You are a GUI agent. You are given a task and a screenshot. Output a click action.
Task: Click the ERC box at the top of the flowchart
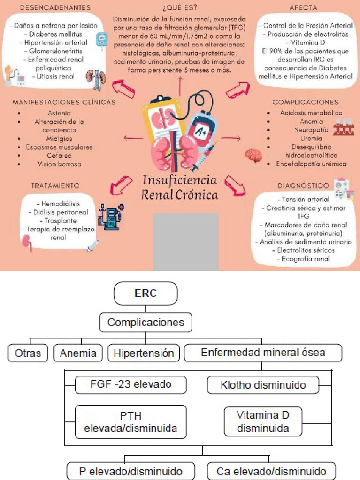[146, 294]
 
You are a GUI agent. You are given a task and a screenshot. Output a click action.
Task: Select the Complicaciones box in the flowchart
[145, 322]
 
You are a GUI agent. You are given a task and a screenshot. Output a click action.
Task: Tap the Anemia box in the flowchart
[78, 353]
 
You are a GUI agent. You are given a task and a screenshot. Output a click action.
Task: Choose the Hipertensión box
[143, 353]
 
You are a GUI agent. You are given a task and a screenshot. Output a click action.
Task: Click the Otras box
[28, 353]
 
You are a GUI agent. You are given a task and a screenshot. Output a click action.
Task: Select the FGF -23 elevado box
[131, 385]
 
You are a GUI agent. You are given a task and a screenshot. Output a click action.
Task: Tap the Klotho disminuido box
[263, 385]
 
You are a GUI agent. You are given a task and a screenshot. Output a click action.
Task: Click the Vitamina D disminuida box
[262, 421]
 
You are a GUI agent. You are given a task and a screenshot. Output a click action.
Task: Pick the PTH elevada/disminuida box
[131, 422]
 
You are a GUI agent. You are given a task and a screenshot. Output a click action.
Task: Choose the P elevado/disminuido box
[131, 471]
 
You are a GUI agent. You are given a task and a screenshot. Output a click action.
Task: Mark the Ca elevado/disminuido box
[271, 471]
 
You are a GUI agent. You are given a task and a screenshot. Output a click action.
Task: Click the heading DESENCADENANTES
[56, 8]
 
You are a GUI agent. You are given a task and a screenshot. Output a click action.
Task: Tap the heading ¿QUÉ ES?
[180, 8]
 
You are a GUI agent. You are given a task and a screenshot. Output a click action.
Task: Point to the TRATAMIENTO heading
[55, 186]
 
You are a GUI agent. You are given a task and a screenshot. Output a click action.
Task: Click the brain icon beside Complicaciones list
[254, 155]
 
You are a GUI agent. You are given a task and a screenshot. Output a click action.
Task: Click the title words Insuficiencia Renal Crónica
[180, 187]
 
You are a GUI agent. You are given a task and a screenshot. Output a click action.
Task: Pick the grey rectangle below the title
[186, 241]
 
